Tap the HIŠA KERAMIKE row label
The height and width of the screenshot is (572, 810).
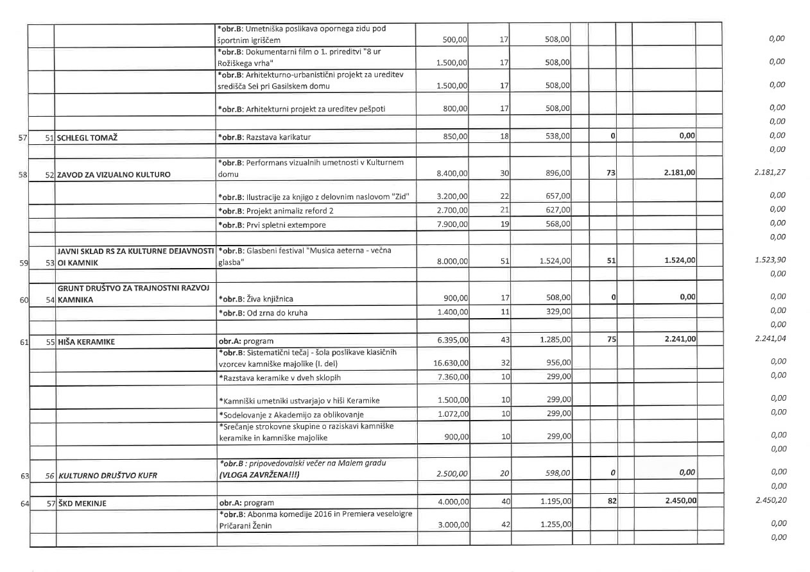point(87,342)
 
